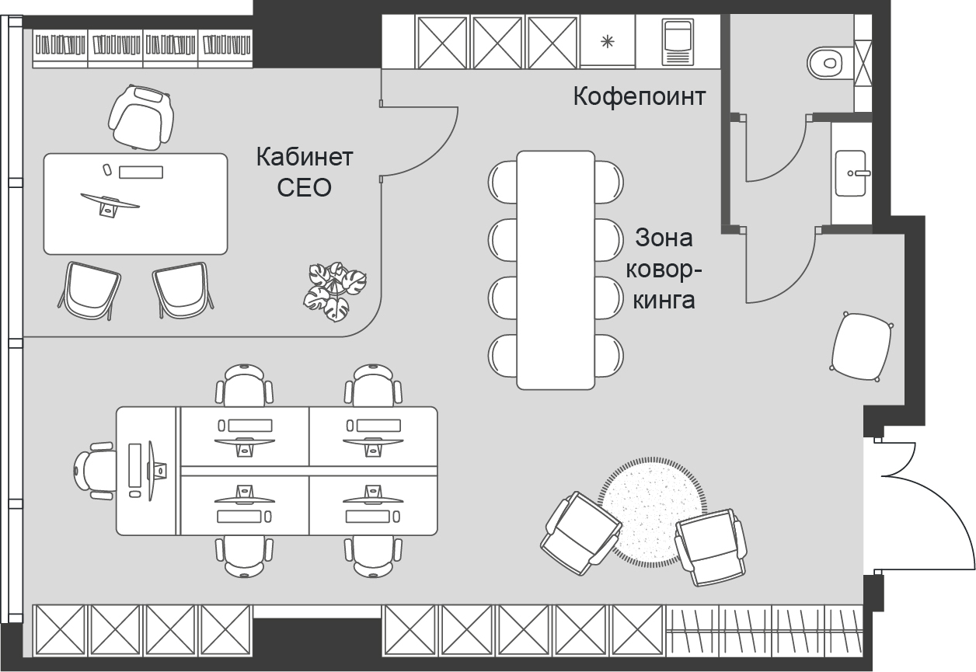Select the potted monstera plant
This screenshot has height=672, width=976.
point(335,291)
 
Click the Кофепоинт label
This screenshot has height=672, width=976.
point(640,96)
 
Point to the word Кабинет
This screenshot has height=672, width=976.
point(304,157)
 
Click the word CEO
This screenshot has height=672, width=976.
point(304,188)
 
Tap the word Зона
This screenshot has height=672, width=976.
point(664,238)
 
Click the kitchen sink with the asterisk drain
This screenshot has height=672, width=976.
point(608,41)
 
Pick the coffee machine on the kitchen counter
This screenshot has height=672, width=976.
point(678,42)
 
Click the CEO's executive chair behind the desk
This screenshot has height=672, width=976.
point(141,117)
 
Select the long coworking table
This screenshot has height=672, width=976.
point(556,270)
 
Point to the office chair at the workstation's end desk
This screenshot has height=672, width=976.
point(95,471)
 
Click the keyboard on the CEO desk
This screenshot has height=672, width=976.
point(141,172)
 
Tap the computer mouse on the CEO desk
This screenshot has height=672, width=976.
point(106,169)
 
